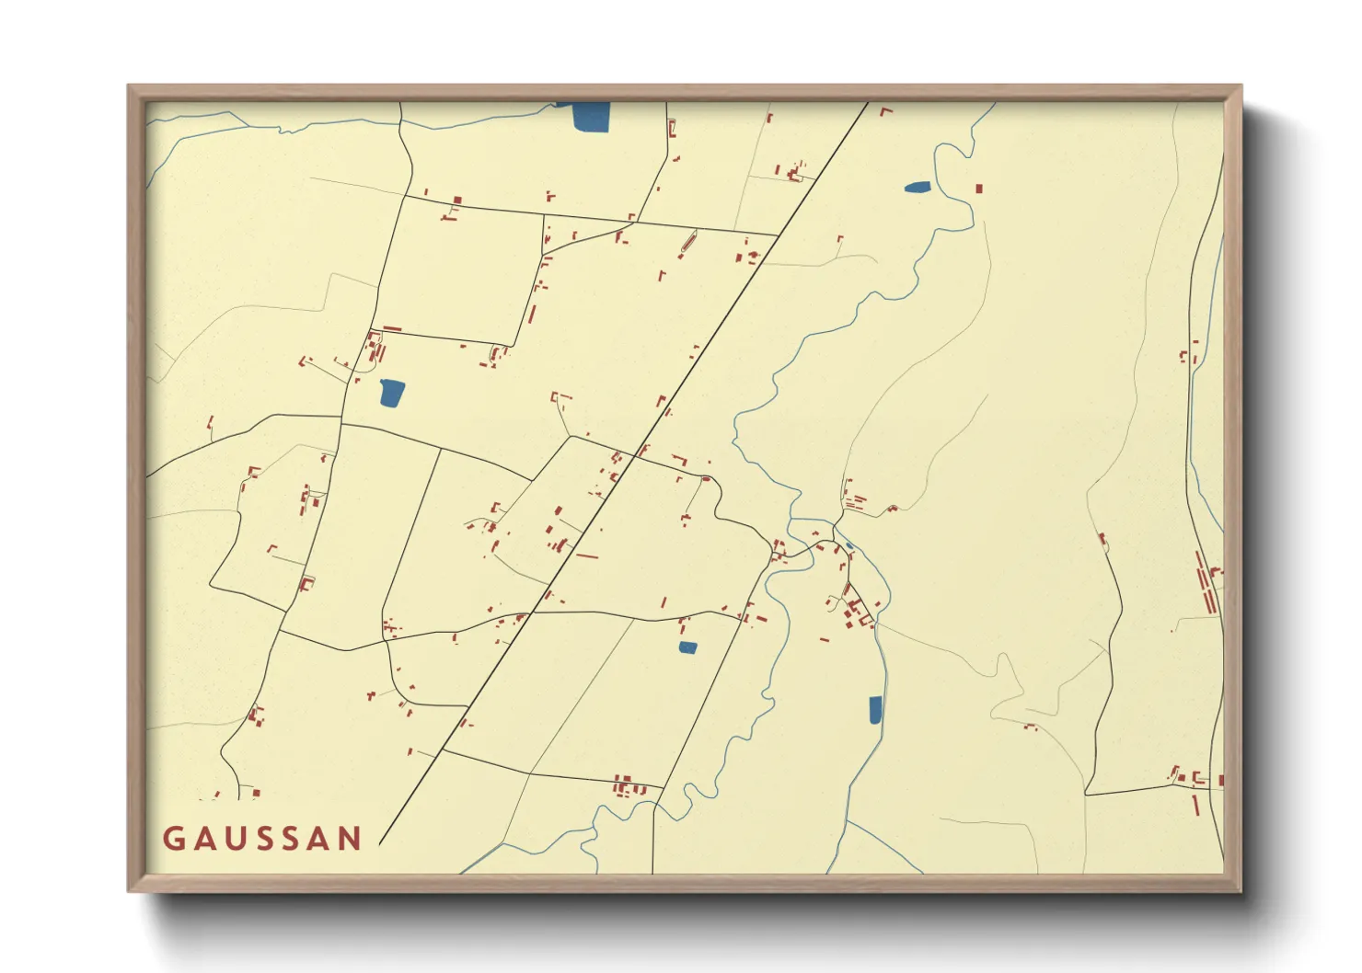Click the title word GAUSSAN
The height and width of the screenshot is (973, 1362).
[x=262, y=839]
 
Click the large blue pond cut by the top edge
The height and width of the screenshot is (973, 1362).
[x=591, y=116]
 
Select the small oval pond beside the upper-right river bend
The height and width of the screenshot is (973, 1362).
[x=917, y=188]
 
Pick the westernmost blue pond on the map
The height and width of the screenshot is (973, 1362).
[x=392, y=393]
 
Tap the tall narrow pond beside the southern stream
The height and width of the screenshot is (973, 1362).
[x=875, y=710]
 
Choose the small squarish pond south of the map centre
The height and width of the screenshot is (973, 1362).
[x=687, y=647]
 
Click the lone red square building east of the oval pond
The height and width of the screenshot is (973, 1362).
[x=979, y=189]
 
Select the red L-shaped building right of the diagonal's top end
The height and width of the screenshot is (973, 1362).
[x=886, y=111]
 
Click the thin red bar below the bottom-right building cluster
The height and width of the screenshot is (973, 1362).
[x=1196, y=805]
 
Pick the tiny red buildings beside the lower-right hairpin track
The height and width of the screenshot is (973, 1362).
[x=1030, y=727]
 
